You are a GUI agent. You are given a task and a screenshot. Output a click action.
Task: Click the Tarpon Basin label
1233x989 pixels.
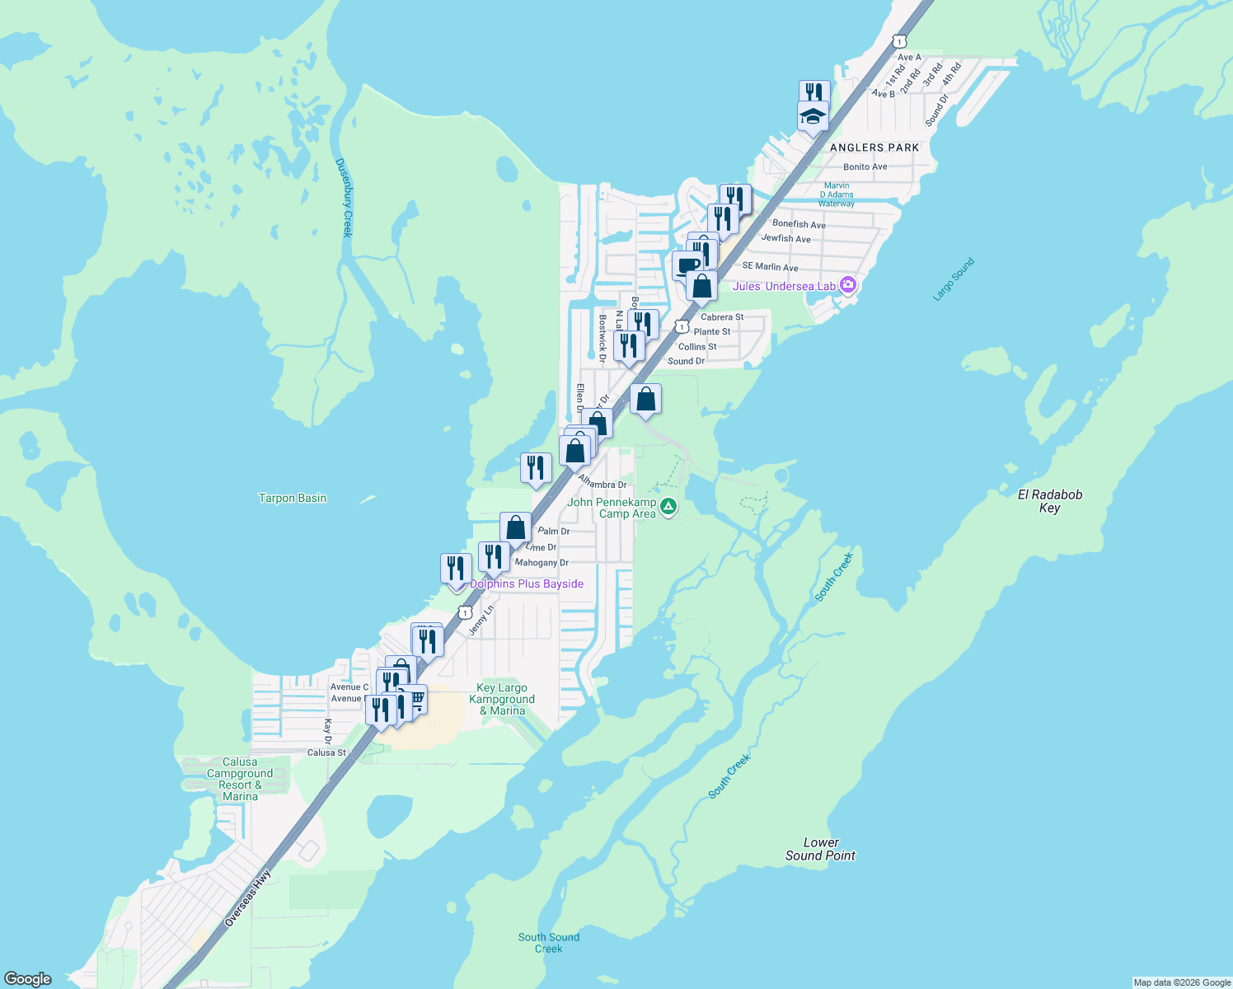(293, 498)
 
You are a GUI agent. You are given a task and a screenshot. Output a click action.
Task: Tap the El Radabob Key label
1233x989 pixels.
(1049, 501)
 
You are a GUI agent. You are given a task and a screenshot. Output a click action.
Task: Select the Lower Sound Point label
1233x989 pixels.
(820, 849)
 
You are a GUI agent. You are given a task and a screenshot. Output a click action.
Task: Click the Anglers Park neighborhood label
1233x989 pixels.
(874, 148)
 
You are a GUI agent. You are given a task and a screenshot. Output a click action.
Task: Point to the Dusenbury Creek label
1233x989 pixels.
(344, 198)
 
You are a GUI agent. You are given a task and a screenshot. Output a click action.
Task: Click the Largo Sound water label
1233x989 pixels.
(954, 279)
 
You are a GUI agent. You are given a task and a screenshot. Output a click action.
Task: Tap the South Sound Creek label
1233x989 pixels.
(549, 943)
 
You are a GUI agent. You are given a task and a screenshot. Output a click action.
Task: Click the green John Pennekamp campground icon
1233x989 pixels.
(669, 507)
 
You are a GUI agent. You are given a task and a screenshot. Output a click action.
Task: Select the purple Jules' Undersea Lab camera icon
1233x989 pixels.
(848, 285)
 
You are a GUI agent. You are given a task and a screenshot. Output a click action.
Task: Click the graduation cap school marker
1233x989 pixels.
(813, 116)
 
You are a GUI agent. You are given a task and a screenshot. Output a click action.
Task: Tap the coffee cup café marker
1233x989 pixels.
(687, 266)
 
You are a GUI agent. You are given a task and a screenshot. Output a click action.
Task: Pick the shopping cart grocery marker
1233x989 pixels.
(417, 700)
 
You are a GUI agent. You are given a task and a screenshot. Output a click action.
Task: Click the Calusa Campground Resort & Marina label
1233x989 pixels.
(240, 779)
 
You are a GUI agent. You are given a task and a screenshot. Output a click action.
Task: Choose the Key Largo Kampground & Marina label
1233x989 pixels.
(502, 699)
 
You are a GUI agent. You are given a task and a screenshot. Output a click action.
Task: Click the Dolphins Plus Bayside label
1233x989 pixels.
(527, 584)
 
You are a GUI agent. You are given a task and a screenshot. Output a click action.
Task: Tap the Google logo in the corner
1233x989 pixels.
(28, 979)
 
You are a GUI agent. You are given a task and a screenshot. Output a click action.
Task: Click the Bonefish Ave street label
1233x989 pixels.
(799, 224)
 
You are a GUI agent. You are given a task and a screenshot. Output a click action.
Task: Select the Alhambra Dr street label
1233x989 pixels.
(602, 481)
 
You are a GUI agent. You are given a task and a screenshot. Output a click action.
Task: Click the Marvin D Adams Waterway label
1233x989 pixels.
(836, 195)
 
